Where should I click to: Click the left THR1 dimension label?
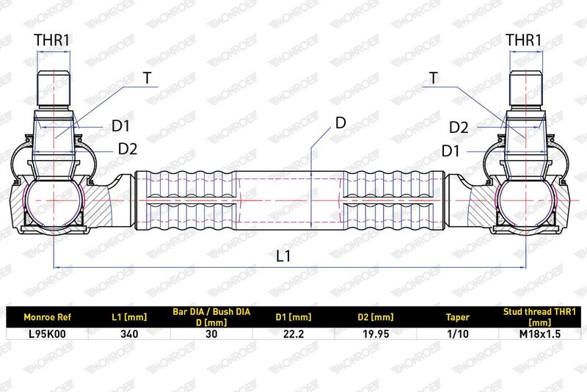52,40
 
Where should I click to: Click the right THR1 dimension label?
524,40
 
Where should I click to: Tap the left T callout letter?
147,78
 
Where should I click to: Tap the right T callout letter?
433,78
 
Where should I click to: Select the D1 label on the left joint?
120,126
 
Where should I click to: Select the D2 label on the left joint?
128,149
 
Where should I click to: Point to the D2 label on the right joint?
459,128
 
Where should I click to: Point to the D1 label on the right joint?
451,151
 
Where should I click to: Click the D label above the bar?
340,123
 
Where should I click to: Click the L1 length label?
283,256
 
